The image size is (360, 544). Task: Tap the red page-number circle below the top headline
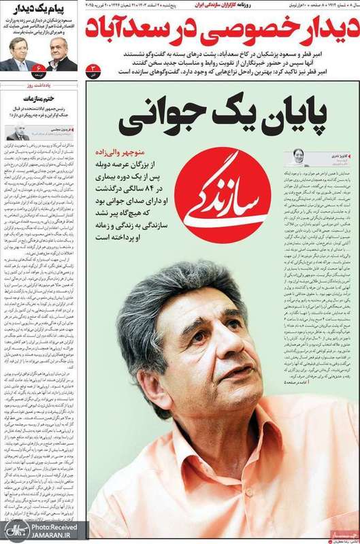pyautogui.click(x=93, y=69)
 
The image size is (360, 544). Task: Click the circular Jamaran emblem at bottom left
pyautogui.click(x=13, y=530)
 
